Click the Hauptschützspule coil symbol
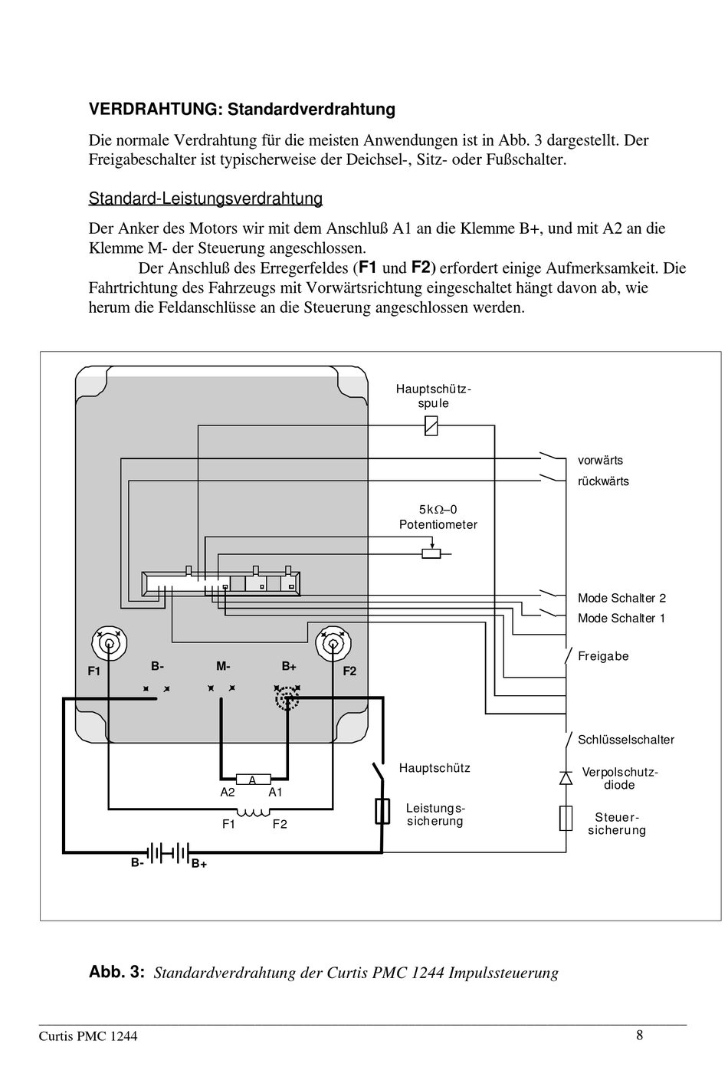(431, 425)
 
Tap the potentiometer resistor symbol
(431, 553)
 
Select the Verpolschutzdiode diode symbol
(566, 778)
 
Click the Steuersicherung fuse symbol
(566, 818)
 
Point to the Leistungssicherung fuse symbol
(382, 811)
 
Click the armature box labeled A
(253, 779)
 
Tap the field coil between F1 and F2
(254, 813)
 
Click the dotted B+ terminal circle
(287, 698)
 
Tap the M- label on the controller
(223, 666)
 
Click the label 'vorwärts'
(600, 461)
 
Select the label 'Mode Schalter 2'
(622, 598)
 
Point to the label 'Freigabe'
(603, 656)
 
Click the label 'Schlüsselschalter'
(626, 740)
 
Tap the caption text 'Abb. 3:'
(116, 972)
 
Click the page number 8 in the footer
(639, 1036)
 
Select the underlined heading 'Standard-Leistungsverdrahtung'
(205, 199)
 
